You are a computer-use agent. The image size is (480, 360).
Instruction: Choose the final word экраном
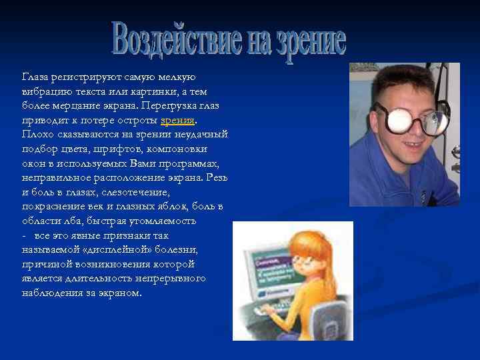[x=119, y=293]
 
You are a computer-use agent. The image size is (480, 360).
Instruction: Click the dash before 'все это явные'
[x=24, y=235]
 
